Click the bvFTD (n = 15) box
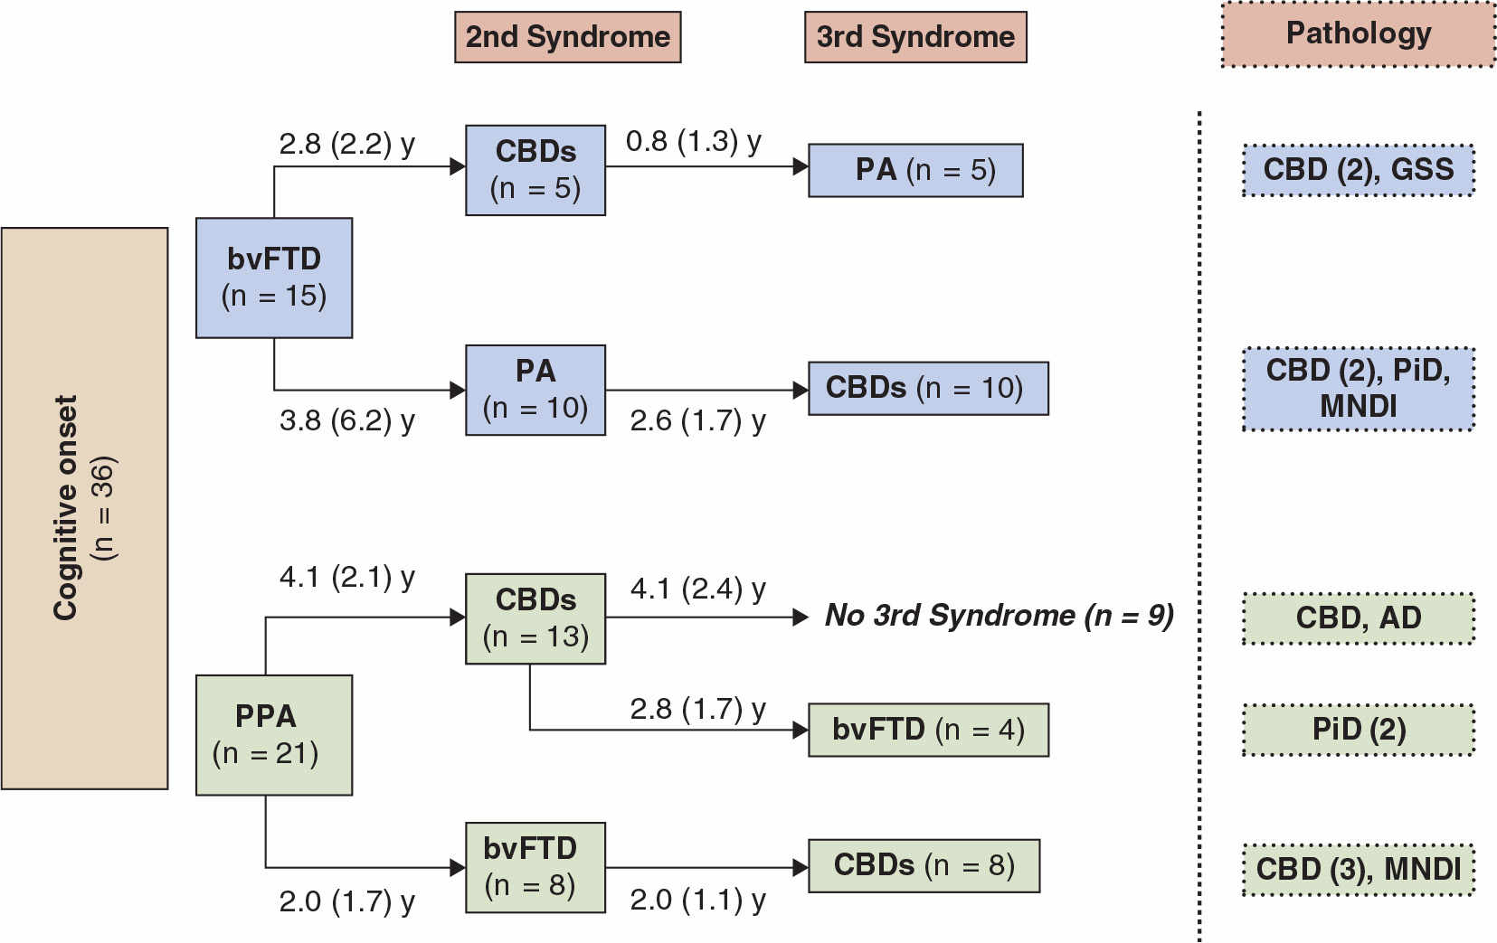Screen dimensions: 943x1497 273,278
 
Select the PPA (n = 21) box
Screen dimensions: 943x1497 273,734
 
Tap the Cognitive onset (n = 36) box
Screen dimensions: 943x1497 84,508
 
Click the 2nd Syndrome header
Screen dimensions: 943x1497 567,37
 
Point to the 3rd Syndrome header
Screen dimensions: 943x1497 915,37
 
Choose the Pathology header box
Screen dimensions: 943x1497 1358,34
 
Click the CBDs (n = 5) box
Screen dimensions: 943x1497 535,170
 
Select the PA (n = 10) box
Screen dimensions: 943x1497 535,390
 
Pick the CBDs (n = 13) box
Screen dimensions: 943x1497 535,618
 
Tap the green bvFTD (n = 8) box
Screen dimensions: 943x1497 535,866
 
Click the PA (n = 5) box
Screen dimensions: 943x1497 915,170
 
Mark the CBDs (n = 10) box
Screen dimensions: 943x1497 928,389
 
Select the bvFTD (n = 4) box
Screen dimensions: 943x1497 928,730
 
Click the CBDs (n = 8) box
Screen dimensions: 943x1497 924,865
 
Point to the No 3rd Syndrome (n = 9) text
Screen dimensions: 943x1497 999,616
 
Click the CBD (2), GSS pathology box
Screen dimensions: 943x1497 1358,170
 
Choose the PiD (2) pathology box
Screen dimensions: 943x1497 1358,730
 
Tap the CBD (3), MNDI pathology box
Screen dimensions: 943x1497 1358,869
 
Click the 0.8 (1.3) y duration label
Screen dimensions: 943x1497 693,142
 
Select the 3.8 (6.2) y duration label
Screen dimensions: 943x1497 346,420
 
